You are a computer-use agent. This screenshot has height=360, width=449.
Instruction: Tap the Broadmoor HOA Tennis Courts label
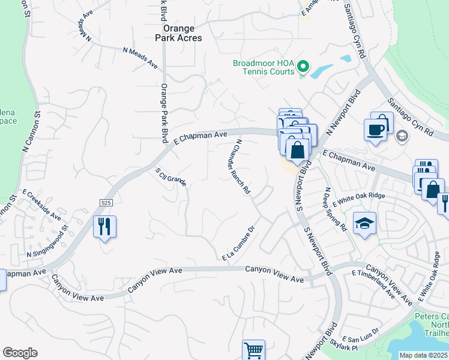(264, 67)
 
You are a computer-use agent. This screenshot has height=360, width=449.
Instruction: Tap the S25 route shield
(106, 203)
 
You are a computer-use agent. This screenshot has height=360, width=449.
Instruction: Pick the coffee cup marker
(376, 130)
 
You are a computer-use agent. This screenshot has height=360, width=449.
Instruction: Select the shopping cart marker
(254, 350)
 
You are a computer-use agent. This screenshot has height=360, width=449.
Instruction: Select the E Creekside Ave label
(42, 205)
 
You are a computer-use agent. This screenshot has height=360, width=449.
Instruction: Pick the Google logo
(20, 353)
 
